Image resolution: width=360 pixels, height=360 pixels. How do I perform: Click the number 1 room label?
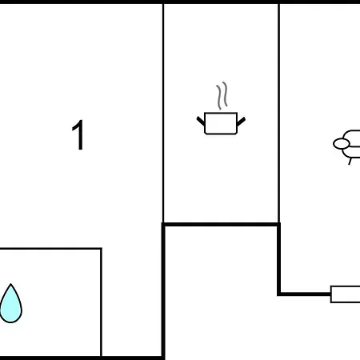coord(78,135)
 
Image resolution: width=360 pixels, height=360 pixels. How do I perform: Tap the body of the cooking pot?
coord(221,123)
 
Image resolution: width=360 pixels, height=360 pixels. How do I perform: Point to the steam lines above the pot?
coord(222,95)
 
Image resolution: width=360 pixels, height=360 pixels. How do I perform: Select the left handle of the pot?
coord(201,121)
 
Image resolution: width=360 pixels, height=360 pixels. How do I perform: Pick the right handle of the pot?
coord(241,122)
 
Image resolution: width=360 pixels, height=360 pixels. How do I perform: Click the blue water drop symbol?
coord(10,303)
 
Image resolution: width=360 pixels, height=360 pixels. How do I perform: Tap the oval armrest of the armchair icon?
coord(341,144)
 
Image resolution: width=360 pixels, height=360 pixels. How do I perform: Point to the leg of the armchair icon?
coord(350,162)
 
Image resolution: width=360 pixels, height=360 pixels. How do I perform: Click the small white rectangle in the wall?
coord(345,294)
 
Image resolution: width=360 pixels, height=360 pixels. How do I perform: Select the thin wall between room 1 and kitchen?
coord(163,113)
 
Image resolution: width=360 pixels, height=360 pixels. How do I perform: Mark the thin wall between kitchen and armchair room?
coord(279,113)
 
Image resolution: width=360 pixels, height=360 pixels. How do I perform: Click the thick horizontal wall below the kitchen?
coord(221,224)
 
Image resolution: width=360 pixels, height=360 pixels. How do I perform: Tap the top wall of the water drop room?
coord(50,249)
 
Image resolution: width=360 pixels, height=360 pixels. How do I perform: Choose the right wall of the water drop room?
coord(101,302)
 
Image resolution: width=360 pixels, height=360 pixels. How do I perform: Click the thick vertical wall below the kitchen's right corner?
coord(279,258)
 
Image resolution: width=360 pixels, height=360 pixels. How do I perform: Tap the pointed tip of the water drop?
coord(10,284)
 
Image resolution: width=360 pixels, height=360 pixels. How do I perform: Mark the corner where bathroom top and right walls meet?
coord(101,249)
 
